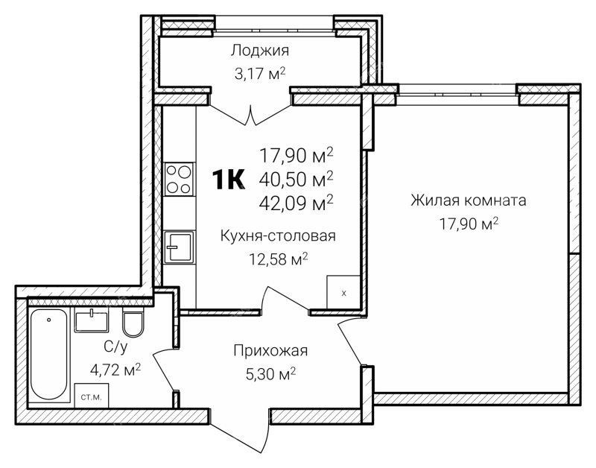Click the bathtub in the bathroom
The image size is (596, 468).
[49, 355]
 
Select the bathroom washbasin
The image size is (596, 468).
[92, 320]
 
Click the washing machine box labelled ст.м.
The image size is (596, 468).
[92, 396]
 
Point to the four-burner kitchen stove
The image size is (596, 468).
[179, 179]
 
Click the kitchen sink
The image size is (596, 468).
[179, 247]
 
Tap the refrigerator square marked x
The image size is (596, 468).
[343, 291]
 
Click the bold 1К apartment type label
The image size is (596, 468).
[228, 180]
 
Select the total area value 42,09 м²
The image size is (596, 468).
[296, 203]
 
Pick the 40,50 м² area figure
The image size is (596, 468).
[296, 179]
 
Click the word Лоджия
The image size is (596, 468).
[260, 51]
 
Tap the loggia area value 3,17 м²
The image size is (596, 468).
[260, 73]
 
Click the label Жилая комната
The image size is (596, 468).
[469, 200]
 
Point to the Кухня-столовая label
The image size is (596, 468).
[278, 235]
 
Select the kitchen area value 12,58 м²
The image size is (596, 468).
[278, 259]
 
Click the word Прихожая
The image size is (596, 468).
[270, 350]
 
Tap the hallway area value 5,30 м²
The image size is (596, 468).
[270, 374]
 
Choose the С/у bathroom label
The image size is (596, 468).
[115, 346]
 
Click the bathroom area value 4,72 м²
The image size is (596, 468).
[115, 369]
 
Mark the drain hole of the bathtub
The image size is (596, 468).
[49, 320]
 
